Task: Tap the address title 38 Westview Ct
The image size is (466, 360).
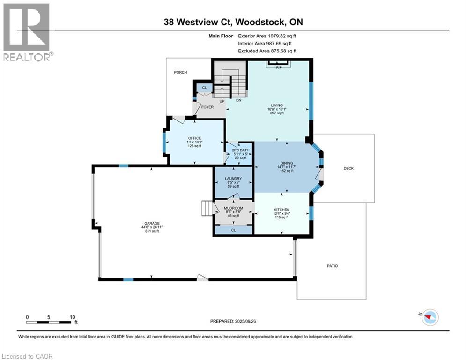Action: [x=233, y=22]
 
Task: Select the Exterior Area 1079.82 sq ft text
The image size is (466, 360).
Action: [x=267, y=36]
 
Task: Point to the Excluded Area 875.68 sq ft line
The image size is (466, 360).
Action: [x=267, y=51]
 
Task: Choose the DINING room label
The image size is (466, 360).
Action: [x=286, y=163]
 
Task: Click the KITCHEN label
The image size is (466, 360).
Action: [x=281, y=210]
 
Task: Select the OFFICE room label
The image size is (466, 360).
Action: [x=194, y=138]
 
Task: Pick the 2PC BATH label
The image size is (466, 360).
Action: [x=239, y=150]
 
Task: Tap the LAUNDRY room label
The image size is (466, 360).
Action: [x=233, y=179]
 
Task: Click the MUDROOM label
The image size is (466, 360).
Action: [x=234, y=208]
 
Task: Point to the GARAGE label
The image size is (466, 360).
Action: [x=152, y=223]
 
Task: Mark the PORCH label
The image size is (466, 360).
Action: [x=180, y=72]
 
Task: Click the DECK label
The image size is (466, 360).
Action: [x=348, y=168]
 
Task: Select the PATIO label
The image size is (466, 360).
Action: [x=333, y=266]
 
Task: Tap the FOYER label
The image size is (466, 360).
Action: [x=207, y=107]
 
